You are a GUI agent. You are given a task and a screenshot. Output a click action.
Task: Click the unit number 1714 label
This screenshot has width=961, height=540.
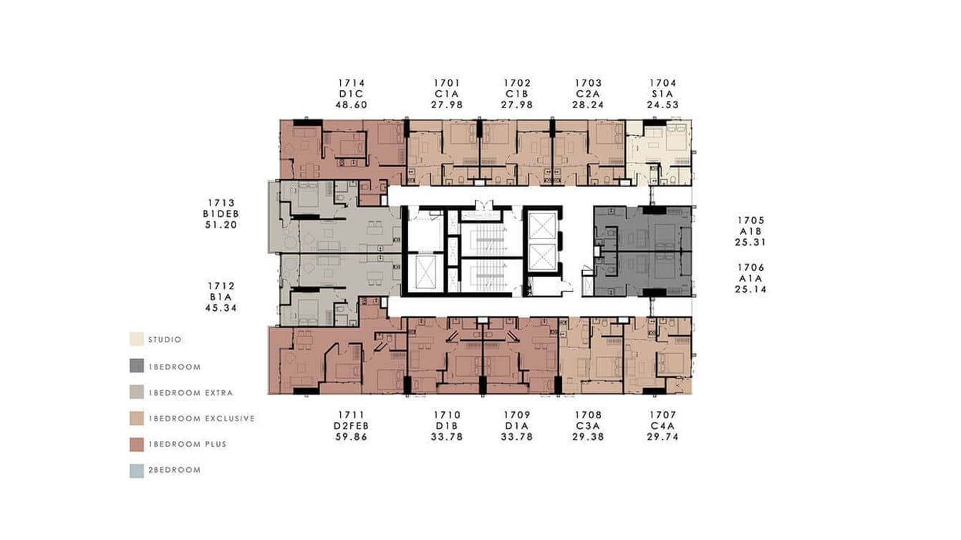(351, 83)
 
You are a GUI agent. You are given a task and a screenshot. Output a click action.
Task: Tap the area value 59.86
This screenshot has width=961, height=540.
(351, 436)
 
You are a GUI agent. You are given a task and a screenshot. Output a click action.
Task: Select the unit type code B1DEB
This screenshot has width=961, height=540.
(219, 214)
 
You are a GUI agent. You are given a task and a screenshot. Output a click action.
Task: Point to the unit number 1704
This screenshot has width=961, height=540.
(662, 83)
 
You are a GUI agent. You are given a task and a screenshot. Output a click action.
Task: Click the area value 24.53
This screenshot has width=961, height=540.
(662, 105)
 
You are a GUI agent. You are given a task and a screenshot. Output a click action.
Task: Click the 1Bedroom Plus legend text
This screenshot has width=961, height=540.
(187, 444)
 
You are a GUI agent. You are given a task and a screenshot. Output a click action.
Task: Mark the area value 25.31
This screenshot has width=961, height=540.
(750, 242)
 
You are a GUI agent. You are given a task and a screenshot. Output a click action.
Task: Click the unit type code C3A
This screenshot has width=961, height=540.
(589, 425)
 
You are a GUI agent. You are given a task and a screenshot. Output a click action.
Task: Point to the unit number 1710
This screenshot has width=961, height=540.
(447, 415)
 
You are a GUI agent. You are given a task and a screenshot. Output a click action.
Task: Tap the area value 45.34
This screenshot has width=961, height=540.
(221, 308)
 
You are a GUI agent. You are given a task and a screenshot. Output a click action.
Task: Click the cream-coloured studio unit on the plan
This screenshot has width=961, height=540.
(660, 152)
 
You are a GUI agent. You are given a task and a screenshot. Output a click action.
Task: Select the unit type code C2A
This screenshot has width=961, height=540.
(589, 94)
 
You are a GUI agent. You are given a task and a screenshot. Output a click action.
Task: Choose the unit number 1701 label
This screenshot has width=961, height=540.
(447, 83)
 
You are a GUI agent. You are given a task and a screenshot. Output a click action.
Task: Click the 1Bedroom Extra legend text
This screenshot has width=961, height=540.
(190, 392)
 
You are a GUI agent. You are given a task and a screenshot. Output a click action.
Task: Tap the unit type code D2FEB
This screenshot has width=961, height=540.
(351, 425)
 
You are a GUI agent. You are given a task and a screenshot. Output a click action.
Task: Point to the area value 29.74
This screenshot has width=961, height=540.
(662, 436)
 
